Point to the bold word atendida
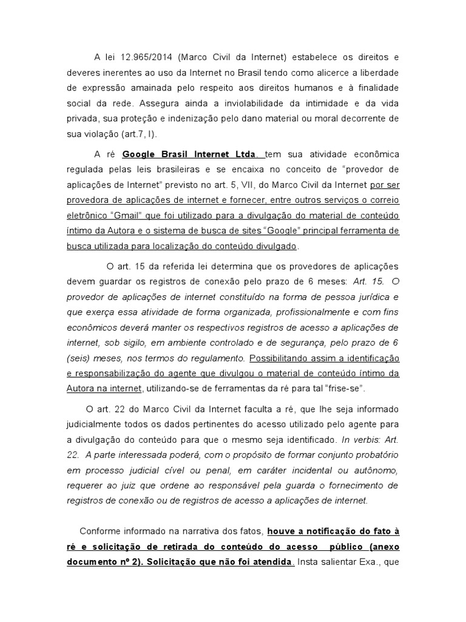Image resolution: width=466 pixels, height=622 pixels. point(271,562)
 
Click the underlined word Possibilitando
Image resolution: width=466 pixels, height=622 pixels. point(279,357)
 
